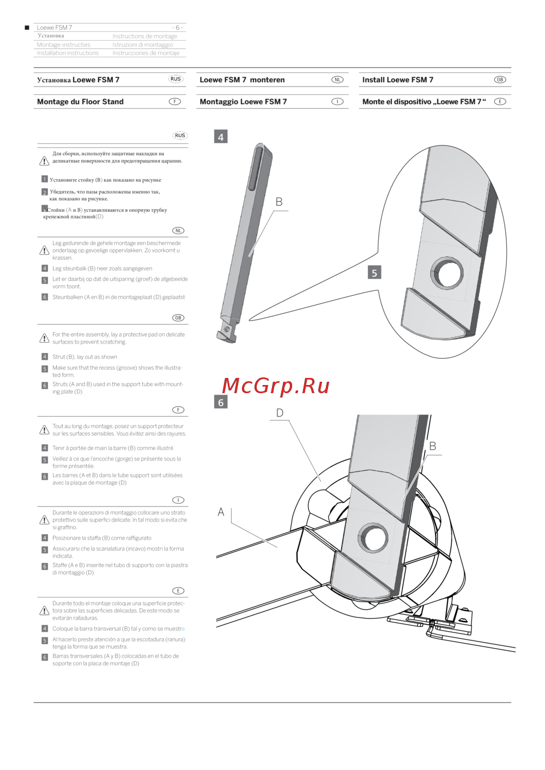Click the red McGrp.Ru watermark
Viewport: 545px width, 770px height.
click(x=276, y=387)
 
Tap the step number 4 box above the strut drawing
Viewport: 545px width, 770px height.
click(x=221, y=137)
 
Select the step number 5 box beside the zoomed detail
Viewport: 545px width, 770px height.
click(x=374, y=273)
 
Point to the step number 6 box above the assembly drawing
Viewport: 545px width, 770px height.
click(x=221, y=402)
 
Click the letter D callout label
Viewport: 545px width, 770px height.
click(x=280, y=413)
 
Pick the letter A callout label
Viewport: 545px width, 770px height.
click(x=221, y=512)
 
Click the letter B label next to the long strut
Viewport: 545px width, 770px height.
click(x=279, y=202)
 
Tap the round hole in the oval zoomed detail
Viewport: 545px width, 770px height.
click(x=446, y=273)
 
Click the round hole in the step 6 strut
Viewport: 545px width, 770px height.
click(x=373, y=537)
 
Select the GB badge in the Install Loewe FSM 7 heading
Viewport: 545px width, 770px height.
click(x=500, y=80)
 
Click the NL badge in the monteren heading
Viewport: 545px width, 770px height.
click(x=337, y=80)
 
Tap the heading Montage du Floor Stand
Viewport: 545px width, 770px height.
click(x=80, y=102)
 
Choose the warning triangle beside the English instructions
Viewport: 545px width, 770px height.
click(x=44, y=338)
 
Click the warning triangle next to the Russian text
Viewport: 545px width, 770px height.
click(x=44, y=161)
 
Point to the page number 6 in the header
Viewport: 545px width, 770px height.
click(x=177, y=27)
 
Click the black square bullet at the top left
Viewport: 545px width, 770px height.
click(x=27, y=27)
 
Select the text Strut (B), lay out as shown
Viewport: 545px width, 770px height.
click(x=84, y=357)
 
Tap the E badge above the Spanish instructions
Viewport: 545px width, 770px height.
click(x=178, y=590)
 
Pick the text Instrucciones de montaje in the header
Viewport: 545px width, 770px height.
click(x=146, y=53)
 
